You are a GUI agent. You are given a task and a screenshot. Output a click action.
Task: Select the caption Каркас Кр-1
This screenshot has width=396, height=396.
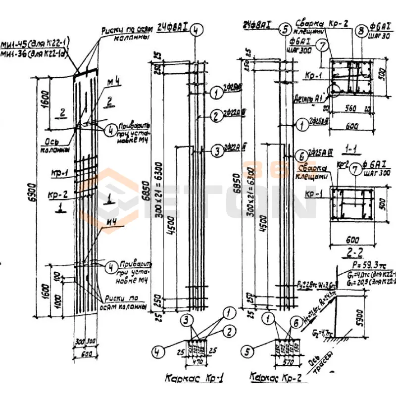(195, 378)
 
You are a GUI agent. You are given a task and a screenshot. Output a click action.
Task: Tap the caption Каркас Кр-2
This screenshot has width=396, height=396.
(275, 377)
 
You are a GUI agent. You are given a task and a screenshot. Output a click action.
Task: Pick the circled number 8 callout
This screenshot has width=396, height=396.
(360, 29)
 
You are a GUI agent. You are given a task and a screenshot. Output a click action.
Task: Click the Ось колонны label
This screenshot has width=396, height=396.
(53, 144)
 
